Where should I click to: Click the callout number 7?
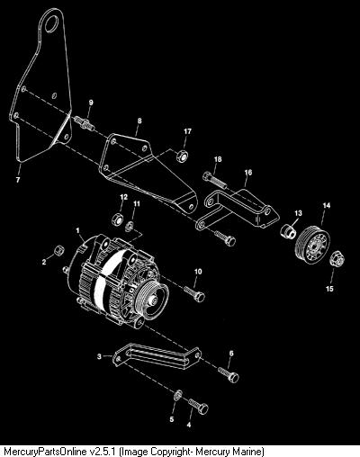tap(18, 180)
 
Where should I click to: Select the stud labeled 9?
tap(84, 123)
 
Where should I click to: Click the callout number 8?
tap(139, 121)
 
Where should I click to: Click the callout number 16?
tap(248, 173)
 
